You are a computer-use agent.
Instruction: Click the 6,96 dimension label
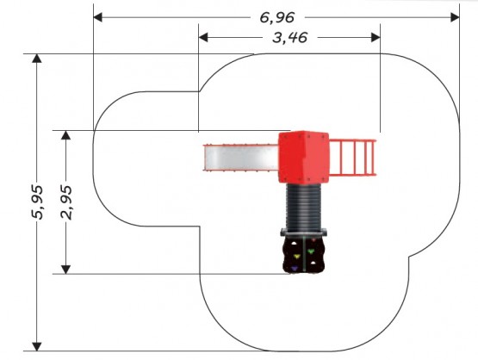(x=277, y=18)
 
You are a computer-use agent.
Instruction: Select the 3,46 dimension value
(x=289, y=38)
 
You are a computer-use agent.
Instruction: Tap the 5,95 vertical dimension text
(x=38, y=202)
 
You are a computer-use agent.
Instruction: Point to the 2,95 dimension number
(x=66, y=202)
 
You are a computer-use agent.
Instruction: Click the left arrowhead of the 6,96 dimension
(x=98, y=17)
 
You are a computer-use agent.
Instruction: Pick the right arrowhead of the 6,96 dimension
(x=455, y=17)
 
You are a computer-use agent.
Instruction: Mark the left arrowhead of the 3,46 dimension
(x=203, y=38)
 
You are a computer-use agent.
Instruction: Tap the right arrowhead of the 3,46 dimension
(x=376, y=38)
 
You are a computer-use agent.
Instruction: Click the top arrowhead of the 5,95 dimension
(x=37, y=59)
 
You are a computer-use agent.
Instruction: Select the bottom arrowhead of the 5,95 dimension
(x=37, y=346)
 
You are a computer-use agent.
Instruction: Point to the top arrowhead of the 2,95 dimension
(x=65, y=135)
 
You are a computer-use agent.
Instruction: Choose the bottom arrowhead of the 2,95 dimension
(x=65, y=270)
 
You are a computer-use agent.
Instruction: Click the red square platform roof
(x=304, y=157)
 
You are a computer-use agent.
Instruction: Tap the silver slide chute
(x=241, y=158)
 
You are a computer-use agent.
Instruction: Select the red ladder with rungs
(x=353, y=158)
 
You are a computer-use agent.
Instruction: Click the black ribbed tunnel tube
(x=304, y=207)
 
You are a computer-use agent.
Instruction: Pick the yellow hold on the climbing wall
(x=296, y=257)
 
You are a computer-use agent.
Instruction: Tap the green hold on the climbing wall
(x=311, y=251)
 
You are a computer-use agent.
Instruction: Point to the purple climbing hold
(x=295, y=269)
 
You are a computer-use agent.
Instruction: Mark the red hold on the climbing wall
(x=313, y=240)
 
